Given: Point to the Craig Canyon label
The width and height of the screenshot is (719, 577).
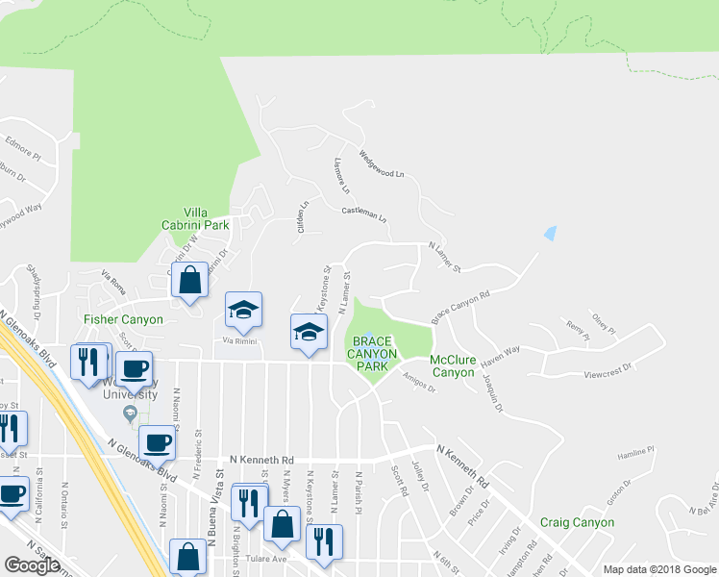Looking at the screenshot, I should [577, 522].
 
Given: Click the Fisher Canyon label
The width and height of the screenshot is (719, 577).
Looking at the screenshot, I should [123, 318].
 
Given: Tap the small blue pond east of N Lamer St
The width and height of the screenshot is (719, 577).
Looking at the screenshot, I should [550, 233].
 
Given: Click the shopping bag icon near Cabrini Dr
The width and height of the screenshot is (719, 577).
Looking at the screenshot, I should [190, 281].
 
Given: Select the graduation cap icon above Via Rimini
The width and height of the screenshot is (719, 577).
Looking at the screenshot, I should [243, 310].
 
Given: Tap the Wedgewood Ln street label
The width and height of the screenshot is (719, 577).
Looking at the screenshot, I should [382, 165].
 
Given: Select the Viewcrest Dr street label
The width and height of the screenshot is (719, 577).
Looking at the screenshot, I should [608, 369].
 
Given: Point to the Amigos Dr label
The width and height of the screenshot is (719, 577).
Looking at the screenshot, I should [418, 383].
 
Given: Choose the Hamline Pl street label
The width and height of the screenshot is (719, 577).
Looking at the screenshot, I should [635, 451].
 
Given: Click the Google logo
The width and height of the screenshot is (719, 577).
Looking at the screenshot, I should [33, 565].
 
